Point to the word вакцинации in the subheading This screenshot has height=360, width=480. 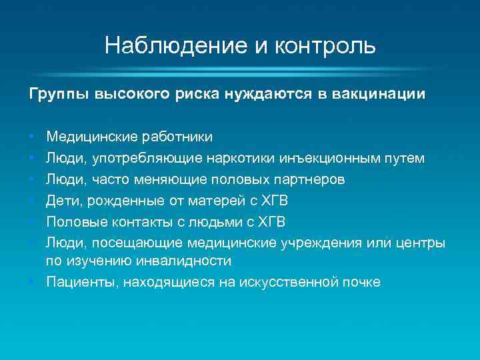pos(381,95)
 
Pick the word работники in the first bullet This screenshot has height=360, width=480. pos(177,137)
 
